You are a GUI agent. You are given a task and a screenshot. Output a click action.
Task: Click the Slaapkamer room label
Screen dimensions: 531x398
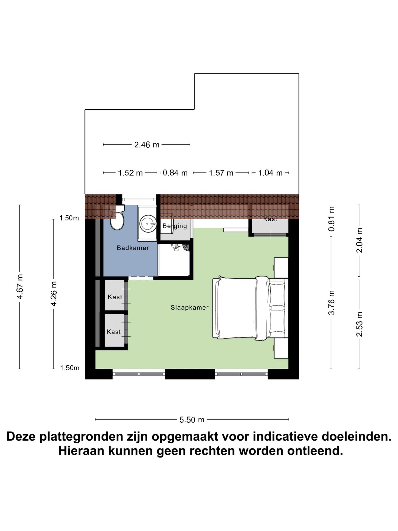pos(189,308)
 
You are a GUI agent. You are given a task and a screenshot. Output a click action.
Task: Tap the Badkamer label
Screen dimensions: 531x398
pos(133,248)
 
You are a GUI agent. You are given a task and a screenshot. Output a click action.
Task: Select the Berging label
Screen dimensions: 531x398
pos(175,226)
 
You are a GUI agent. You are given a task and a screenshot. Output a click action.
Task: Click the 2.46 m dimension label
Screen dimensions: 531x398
pos(147,145)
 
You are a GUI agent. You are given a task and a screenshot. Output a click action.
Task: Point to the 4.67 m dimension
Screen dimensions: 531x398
pos(20,287)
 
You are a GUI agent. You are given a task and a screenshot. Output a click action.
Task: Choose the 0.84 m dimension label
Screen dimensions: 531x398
pos(175,173)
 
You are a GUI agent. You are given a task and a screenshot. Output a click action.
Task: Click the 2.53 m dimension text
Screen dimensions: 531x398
pos(359,324)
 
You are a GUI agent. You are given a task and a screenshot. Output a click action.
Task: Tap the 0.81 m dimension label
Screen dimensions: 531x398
pos(331,219)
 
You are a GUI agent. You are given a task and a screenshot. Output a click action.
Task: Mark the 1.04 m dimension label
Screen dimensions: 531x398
pos(270,173)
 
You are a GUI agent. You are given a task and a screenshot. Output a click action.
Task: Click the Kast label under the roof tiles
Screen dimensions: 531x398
pos(270,219)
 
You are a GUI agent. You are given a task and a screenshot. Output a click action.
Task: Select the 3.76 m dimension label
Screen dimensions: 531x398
pos(331,302)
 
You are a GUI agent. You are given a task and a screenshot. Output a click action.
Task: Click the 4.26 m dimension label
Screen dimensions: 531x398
pos(54,294)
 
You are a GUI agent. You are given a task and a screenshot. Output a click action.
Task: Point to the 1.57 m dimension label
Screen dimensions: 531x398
pos(221,173)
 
